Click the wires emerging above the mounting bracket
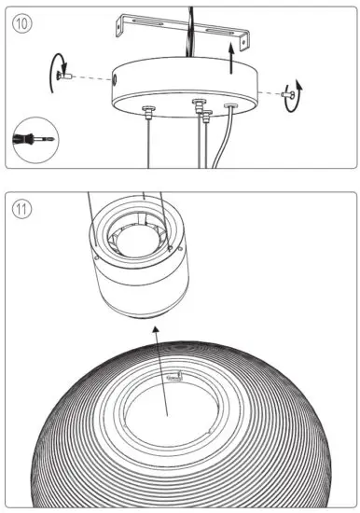tap(192, 14)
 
